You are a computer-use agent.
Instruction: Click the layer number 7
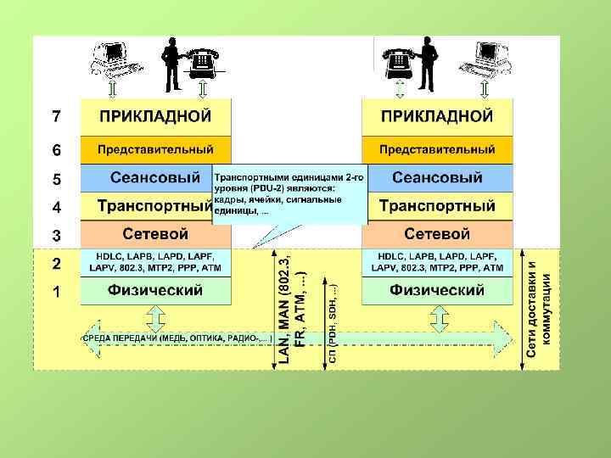coord(55,115)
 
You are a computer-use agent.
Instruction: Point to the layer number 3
coord(55,235)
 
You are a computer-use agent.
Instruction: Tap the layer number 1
coord(55,293)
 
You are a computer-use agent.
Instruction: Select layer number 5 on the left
coord(55,180)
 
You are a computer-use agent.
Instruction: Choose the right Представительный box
coord(437,149)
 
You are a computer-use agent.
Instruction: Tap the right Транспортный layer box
coord(437,206)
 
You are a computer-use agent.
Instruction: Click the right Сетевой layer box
coord(437,233)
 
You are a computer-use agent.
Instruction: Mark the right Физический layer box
coord(437,290)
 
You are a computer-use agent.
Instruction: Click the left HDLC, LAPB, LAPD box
coord(155,261)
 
